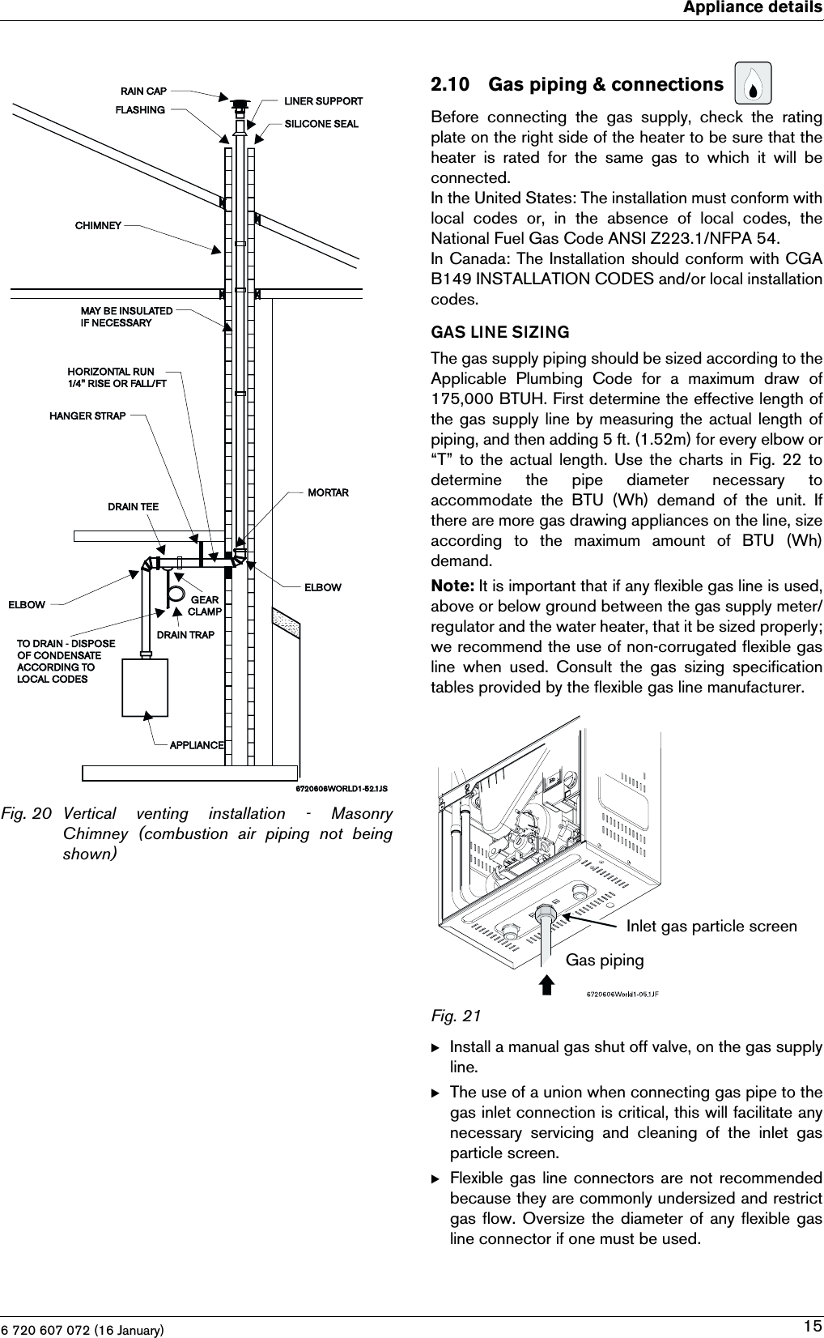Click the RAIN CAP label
143,92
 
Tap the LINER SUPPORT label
323,101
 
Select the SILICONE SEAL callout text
321,124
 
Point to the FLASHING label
140,109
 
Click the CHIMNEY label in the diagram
98,226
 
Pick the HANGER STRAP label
87,416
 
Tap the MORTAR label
328,492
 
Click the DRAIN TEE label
134,507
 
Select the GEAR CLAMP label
204,606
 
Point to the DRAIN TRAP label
185,635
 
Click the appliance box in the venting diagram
145,688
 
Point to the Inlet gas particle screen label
711,926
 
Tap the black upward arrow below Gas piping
547,984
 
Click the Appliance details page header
752,8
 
